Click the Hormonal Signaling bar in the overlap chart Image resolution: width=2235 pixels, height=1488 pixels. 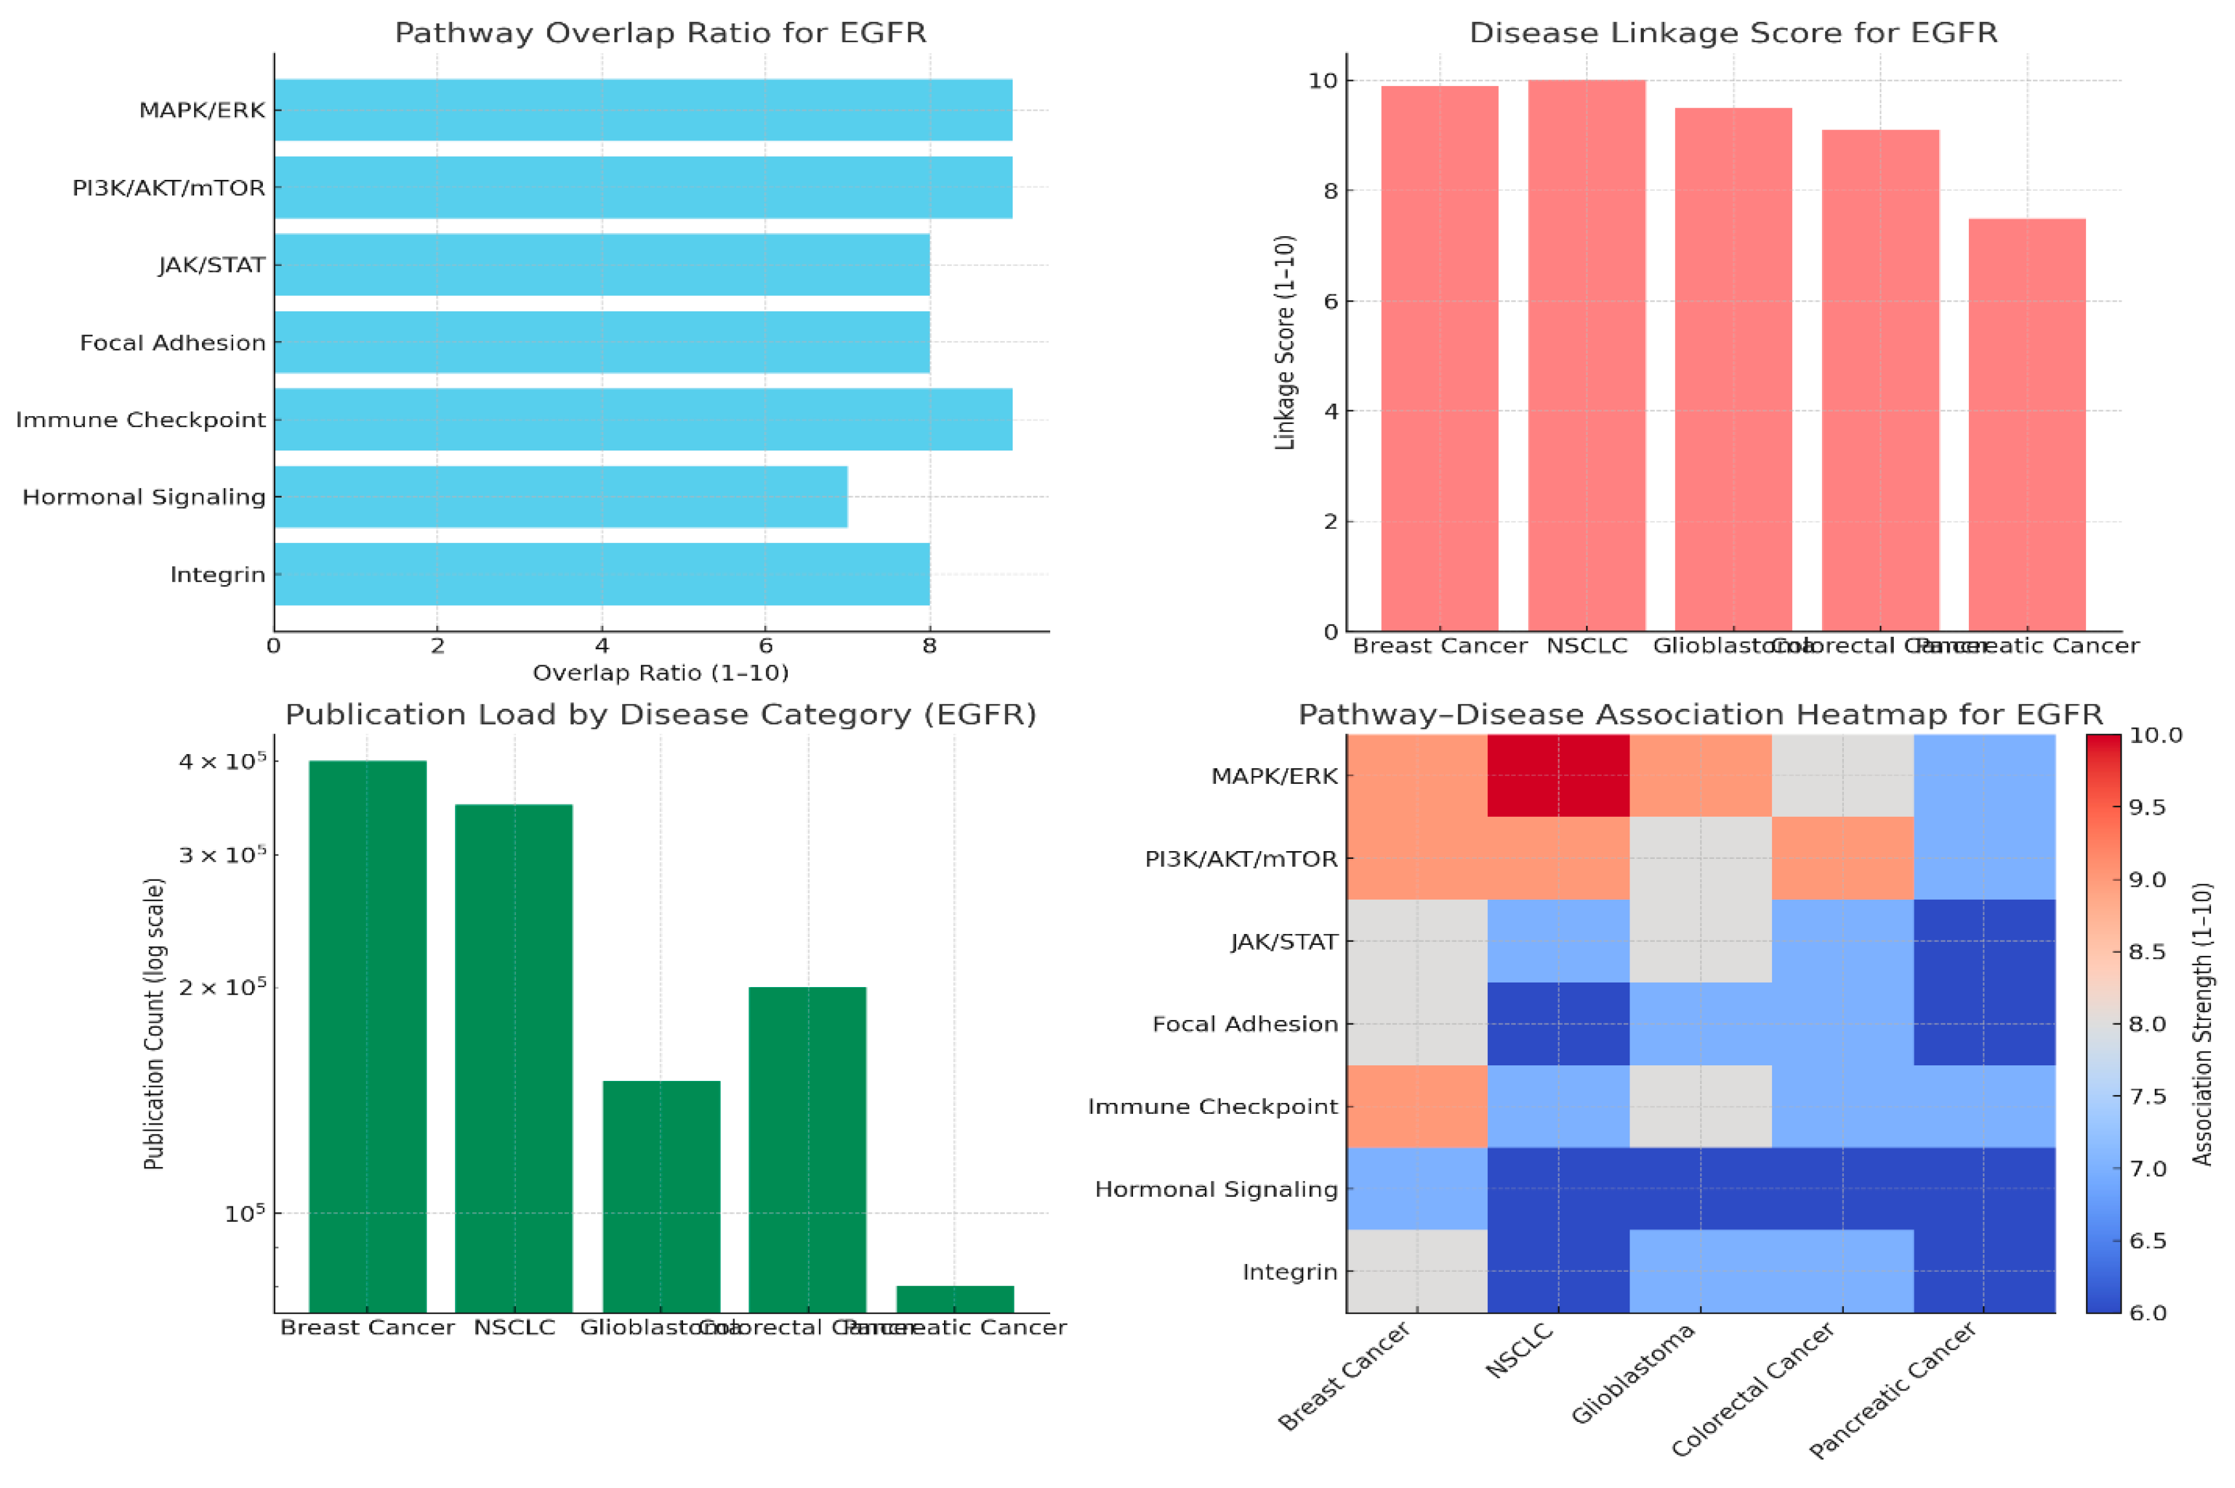pos(560,496)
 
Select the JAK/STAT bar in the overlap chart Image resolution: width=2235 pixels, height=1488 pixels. pos(601,265)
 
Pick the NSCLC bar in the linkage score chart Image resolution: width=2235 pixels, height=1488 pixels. pos(1586,356)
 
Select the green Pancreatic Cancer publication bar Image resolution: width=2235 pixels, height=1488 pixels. pos(955,1298)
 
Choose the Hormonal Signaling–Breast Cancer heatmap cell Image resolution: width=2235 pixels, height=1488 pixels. pos(1416,1188)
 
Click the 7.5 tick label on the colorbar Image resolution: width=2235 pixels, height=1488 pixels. pos(2148,1096)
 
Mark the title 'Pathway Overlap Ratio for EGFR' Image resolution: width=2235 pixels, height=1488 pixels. pos(660,33)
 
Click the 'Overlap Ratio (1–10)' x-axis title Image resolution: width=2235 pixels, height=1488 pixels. pos(660,673)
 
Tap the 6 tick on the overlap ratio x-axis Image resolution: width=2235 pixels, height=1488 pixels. pos(765,646)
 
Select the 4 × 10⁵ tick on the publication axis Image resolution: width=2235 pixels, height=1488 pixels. pos(224,761)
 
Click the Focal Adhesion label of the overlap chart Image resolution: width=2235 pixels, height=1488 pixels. pos(173,342)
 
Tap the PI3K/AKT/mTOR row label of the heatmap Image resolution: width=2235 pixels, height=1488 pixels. pos(1241,859)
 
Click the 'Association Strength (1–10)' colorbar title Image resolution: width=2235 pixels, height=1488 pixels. pos(2203,1024)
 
